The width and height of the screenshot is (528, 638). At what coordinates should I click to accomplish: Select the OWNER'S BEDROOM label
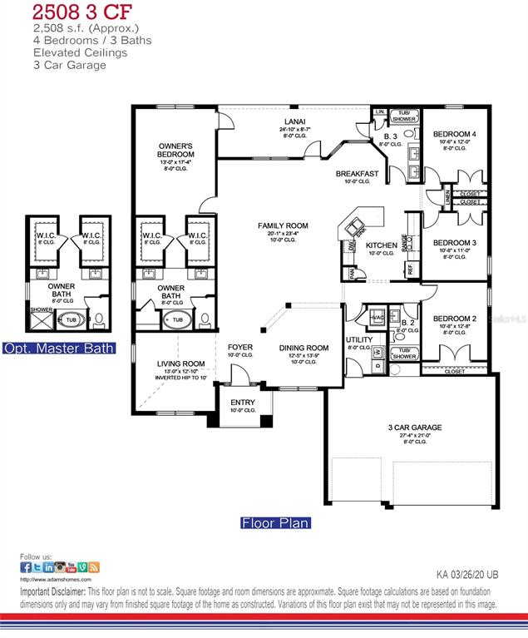175,151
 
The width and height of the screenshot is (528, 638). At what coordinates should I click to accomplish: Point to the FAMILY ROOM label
283,225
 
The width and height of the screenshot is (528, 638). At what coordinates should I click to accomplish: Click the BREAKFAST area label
358,174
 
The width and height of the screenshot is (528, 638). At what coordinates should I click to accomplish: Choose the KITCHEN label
382,245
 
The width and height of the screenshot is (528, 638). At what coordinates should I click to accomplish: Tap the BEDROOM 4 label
455,134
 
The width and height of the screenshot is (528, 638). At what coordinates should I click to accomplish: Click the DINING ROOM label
303,348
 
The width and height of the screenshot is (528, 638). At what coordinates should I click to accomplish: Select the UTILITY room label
359,340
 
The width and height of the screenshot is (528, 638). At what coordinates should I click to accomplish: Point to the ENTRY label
243,403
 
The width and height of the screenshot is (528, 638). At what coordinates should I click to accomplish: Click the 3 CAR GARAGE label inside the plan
415,428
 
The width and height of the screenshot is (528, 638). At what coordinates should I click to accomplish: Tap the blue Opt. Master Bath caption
58,348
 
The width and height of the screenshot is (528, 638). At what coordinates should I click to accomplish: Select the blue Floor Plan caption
275,523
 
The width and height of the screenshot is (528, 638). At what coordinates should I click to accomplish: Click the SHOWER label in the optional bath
41,309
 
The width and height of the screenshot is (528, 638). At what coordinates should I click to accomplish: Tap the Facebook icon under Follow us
26,567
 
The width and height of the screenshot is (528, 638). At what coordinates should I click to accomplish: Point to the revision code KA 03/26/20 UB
466,574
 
